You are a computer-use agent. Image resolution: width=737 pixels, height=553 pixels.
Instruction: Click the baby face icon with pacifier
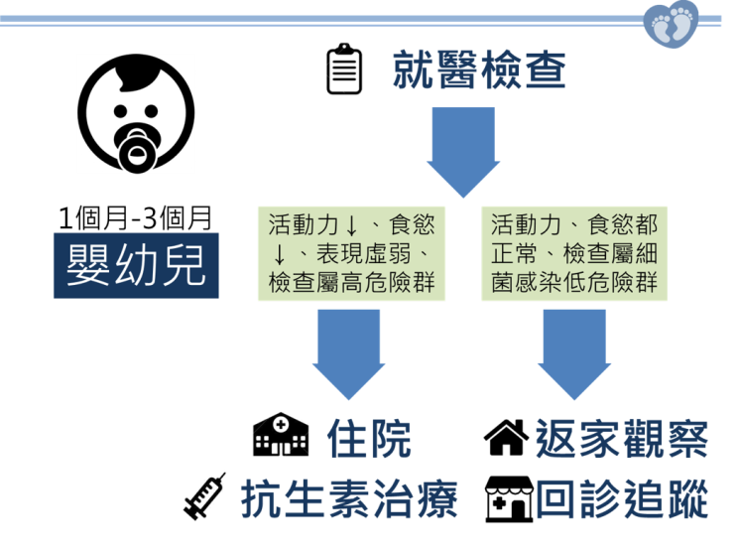coord(136,114)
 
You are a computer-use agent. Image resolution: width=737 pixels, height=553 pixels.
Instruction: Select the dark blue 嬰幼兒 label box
coord(136,264)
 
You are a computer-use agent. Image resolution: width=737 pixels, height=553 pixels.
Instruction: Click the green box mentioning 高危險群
coord(351,254)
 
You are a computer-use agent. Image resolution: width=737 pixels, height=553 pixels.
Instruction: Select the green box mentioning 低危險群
coord(574,254)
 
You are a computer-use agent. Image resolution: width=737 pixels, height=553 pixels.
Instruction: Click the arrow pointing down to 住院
coord(347,352)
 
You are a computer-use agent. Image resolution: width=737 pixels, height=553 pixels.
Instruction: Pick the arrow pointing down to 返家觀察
coord(573,352)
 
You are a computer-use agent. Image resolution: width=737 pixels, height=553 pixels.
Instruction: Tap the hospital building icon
coord(281,437)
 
